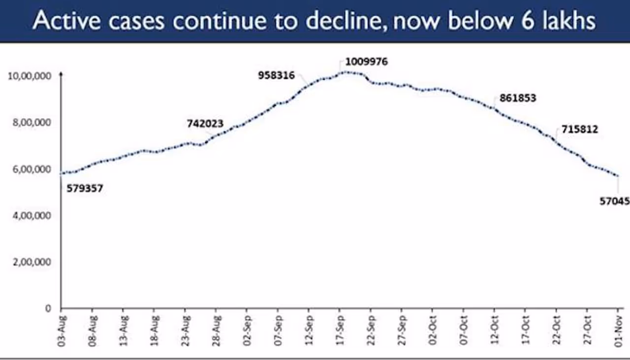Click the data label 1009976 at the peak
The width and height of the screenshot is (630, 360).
pos(366,62)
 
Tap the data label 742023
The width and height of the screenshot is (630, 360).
pos(205,124)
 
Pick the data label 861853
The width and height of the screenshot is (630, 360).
pos(518,98)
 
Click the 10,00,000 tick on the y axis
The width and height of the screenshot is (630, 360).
pos(30,76)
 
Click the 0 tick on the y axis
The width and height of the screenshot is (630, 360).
pos(48,308)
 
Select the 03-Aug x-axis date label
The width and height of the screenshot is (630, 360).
pos(62,329)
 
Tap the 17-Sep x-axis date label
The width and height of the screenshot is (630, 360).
pos(340,329)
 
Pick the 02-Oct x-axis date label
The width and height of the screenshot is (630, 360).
pos(433,329)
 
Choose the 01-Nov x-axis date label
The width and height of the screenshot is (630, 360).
pos(619,329)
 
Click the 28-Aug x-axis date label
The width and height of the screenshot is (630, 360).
pos(216,329)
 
